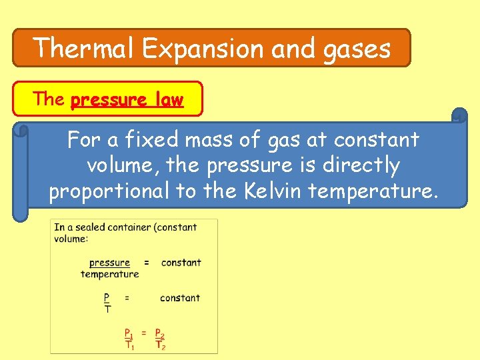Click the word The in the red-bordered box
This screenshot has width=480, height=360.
pos(49,99)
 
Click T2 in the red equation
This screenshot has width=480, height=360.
pos(159,345)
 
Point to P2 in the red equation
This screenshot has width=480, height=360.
pos(159,333)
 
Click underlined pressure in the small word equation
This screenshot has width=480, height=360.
pos(109,263)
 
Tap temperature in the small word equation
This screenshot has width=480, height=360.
pos(109,274)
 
